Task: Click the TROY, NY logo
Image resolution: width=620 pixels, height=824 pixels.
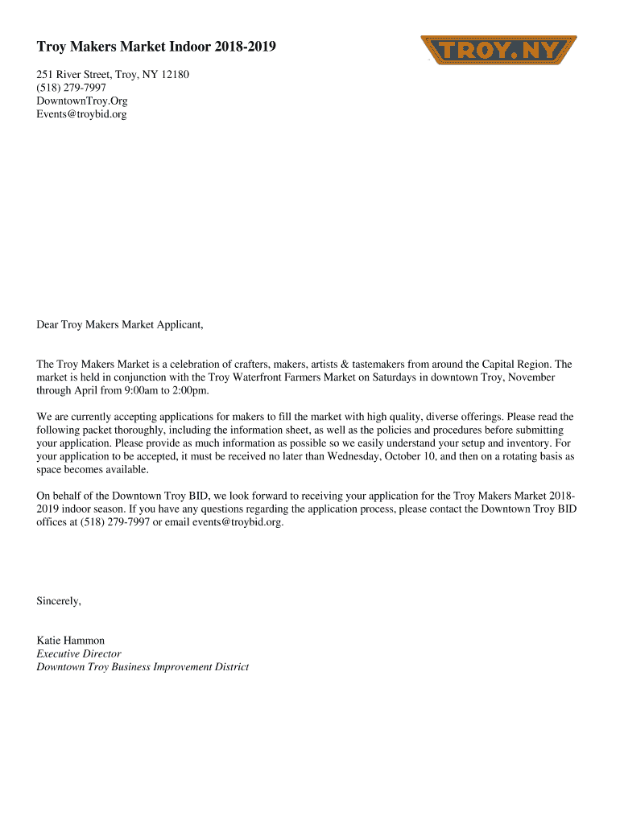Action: [x=499, y=50]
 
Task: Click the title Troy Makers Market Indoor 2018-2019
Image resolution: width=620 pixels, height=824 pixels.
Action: [x=156, y=47]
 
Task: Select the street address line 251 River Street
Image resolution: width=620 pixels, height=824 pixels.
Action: [x=113, y=75]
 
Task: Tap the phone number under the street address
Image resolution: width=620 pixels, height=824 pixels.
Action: [x=71, y=88]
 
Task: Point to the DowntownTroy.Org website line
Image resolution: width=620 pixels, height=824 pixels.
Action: [x=82, y=101]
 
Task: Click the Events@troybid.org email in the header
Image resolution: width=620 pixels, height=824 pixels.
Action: [x=81, y=114]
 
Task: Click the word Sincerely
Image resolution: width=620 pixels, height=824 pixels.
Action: [x=59, y=600]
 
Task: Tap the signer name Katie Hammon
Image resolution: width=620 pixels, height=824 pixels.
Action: [x=71, y=641]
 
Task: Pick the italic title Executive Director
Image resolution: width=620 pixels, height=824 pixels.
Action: [x=79, y=653]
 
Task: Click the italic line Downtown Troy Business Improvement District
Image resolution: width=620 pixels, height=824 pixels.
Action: [x=143, y=667]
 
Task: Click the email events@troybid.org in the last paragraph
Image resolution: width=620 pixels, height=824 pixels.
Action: [x=237, y=522]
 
